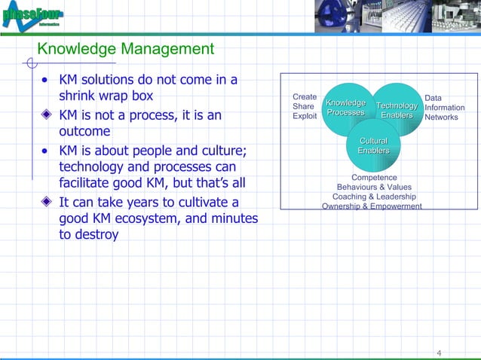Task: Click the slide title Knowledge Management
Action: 126,50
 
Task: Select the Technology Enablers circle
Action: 397,111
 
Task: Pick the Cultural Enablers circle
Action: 373,146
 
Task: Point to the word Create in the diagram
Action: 305,97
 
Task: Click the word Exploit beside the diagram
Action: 305,117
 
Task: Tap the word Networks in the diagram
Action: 442,117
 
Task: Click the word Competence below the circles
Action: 374,178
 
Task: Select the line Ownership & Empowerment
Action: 372,206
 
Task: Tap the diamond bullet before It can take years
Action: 47,203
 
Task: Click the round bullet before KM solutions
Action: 47,81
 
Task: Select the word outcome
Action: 84,132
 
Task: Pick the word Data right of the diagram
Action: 434,98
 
